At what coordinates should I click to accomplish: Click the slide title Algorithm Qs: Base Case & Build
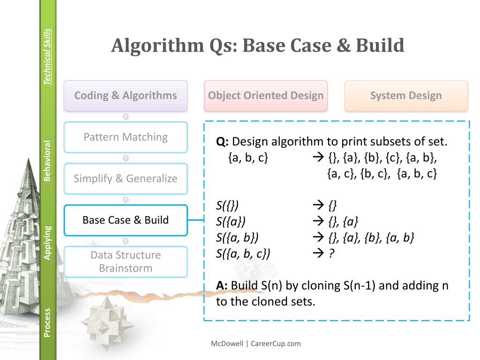pyautogui.click(x=257, y=46)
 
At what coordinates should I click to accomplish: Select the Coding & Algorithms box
pyautogui.click(x=126, y=96)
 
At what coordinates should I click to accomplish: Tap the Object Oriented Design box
pyautogui.click(x=266, y=96)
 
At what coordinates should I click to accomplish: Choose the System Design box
pyautogui.click(x=406, y=96)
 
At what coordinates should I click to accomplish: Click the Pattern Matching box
pyautogui.click(x=126, y=137)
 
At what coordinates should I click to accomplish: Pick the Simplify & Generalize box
pyautogui.click(x=126, y=179)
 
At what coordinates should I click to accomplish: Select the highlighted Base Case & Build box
pyautogui.click(x=126, y=220)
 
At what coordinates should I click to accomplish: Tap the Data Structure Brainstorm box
pyautogui.click(x=126, y=262)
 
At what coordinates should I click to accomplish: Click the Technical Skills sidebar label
pyautogui.click(x=47, y=57)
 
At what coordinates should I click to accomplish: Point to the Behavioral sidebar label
pyautogui.click(x=47, y=160)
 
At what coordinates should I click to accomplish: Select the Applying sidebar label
pyautogui.click(x=47, y=242)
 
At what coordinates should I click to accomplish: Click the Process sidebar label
pyautogui.click(x=47, y=322)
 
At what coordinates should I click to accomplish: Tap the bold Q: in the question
pyautogui.click(x=222, y=142)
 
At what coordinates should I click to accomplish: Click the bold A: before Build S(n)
pyautogui.click(x=222, y=285)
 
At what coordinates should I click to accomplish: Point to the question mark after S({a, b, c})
pyautogui.click(x=331, y=254)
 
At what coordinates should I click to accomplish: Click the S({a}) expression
pyautogui.click(x=231, y=222)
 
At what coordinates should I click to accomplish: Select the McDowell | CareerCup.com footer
pyautogui.click(x=255, y=344)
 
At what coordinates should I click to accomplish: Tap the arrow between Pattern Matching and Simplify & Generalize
pyautogui.click(x=126, y=158)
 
